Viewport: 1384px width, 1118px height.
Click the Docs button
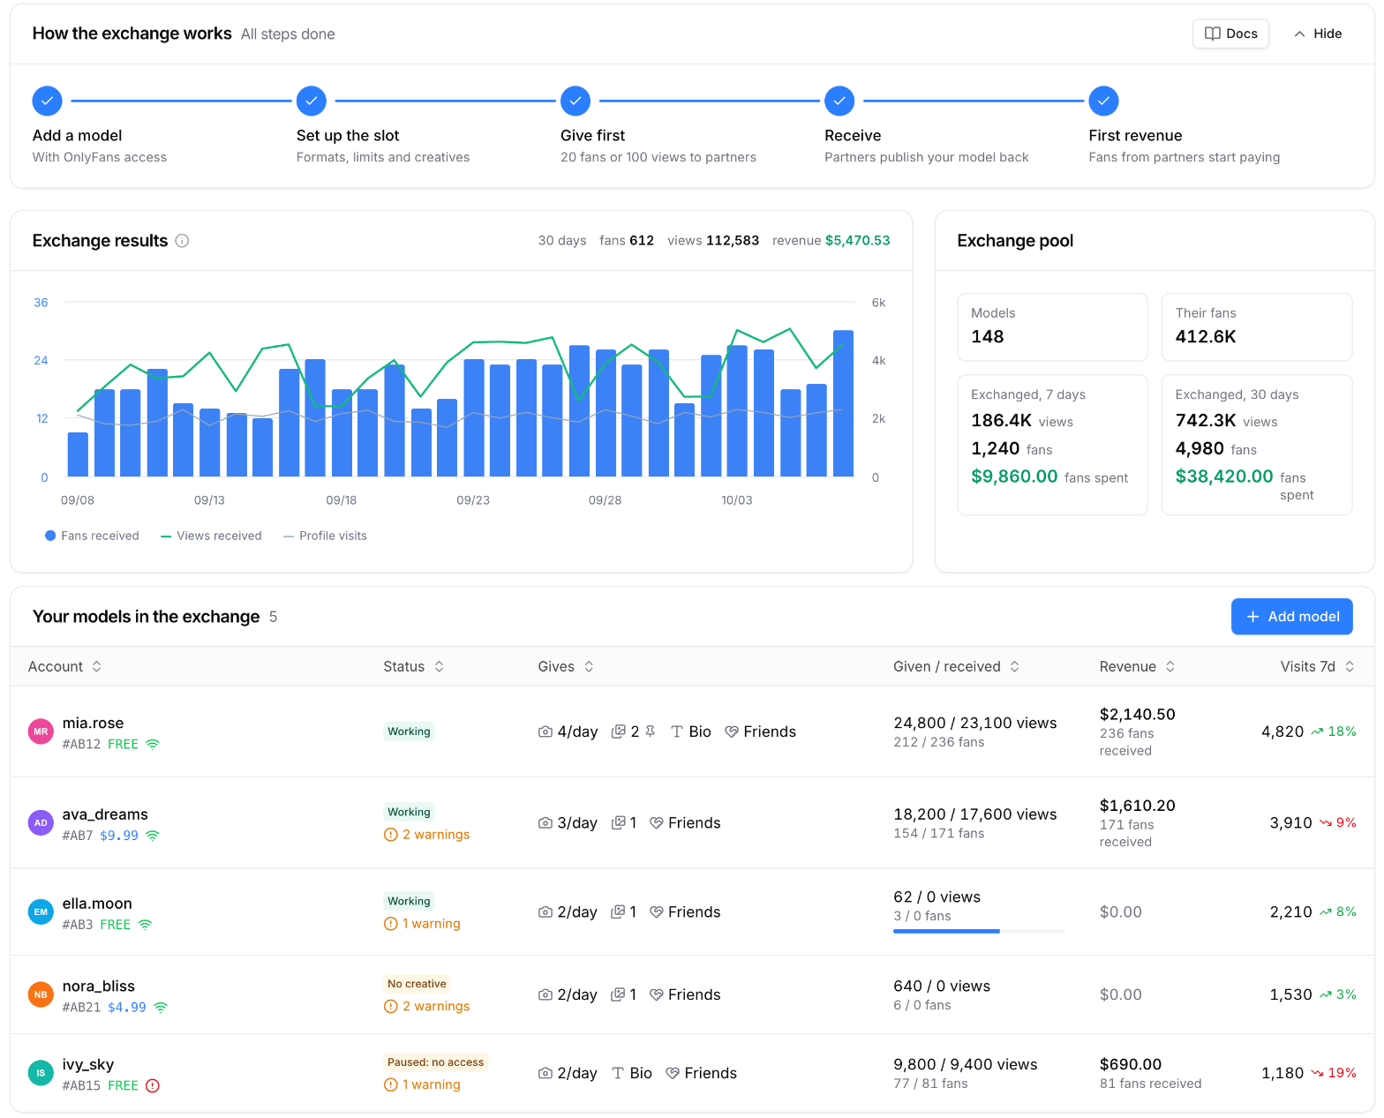(x=1230, y=34)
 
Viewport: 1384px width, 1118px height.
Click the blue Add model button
(x=1291, y=616)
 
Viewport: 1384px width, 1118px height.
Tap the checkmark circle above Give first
(x=575, y=101)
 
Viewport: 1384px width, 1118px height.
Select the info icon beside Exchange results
(x=182, y=240)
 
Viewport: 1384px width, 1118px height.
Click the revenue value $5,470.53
(x=857, y=240)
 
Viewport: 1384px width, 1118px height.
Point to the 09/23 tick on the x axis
(x=472, y=499)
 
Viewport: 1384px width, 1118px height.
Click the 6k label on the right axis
(x=878, y=302)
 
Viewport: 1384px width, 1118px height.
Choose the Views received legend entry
(x=211, y=536)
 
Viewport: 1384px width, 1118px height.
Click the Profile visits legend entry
(x=325, y=536)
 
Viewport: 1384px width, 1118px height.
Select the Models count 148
(x=987, y=336)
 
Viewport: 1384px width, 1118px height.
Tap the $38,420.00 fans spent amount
(x=1223, y=476)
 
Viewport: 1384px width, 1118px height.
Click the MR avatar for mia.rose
(x=41, y=731)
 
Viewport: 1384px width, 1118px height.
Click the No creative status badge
(x=417, y=983)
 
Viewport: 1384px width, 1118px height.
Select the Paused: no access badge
(x=435, y=1062)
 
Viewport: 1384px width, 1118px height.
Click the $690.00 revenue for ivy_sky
(x=1130, y=1063)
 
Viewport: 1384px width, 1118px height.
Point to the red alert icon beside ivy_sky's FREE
(x=152, y=1084)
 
